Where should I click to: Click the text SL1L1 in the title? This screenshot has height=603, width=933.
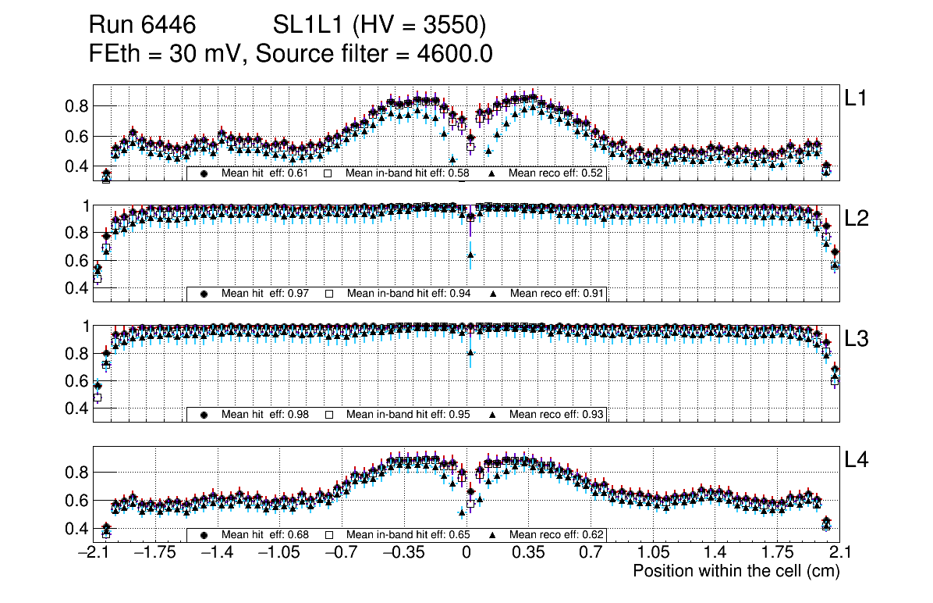309,26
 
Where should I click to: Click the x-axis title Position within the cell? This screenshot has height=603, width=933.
736,571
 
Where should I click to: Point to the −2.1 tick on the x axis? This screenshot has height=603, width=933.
93,553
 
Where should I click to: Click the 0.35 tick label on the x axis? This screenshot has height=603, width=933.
528,553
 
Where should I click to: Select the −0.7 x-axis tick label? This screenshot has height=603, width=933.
341,553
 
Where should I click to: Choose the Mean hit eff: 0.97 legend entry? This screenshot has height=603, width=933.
265,294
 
